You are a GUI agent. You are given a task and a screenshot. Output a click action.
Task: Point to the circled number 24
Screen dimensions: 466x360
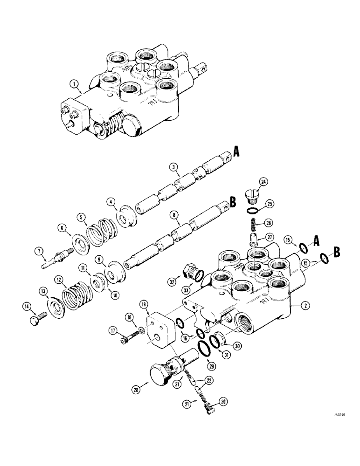263,181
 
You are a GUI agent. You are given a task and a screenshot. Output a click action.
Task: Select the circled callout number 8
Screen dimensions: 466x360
174,215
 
